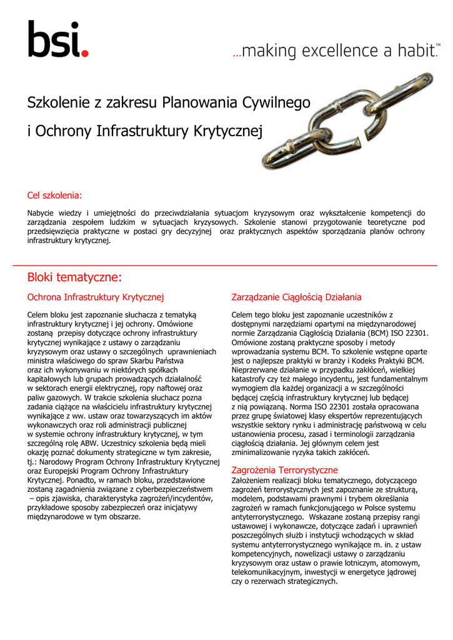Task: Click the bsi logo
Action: (x=57, y=39)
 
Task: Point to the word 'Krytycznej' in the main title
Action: (x=229, y=131)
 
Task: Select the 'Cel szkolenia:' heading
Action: (x=55, y=196)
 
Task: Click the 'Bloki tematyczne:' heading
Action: (x=74, y=277)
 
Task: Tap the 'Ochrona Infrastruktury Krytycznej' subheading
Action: (x=95, y=297)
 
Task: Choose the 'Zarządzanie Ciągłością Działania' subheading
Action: (x=297, y=297)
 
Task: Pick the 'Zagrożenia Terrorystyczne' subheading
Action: (x=284, y=469)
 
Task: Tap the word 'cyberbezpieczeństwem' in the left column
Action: (x=172, y=489)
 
